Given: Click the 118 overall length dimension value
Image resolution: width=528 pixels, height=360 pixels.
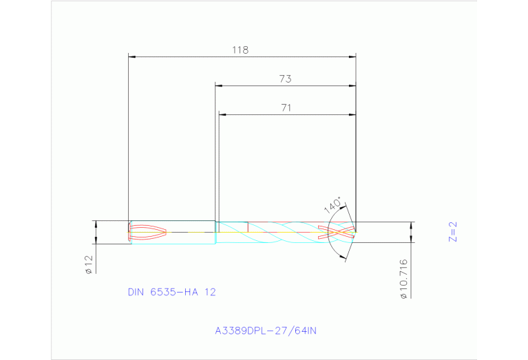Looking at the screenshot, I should [x=240, y=50].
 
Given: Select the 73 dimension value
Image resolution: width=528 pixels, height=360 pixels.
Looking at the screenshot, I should [x=285, y=79].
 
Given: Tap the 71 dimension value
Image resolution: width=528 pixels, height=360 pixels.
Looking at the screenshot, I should [x=286, y=107].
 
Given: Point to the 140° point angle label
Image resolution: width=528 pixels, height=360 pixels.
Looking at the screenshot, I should [x=332, y=205].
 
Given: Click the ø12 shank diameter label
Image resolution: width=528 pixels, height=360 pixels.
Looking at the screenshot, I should [x=89, y=264].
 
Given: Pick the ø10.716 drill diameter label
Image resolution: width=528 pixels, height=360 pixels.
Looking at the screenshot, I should [x=404, y=278].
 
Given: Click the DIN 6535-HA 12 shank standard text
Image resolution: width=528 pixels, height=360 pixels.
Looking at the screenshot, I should [x=171, y=292].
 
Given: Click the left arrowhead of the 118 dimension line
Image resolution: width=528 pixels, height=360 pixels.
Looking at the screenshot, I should [x=133, y=56].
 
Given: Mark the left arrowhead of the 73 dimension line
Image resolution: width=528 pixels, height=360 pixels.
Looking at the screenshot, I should [x=219, y=85].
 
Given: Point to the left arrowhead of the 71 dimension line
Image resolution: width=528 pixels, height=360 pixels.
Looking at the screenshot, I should [x=222, y=114].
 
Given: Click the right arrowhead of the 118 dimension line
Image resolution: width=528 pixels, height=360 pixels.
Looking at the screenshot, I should [x=352, y=56].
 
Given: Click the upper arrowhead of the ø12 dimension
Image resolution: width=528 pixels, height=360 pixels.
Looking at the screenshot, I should [x=96, y=224].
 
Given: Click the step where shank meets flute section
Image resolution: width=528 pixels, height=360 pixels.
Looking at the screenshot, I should [x=216, y=232].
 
